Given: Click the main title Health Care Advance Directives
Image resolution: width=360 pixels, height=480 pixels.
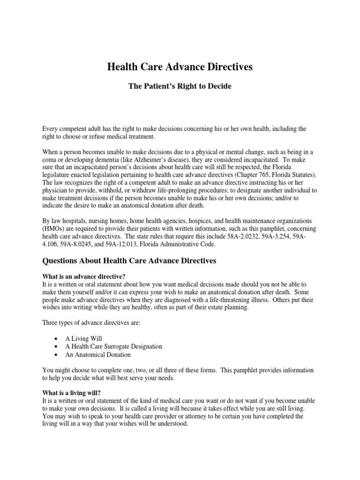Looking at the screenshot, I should point(180,67).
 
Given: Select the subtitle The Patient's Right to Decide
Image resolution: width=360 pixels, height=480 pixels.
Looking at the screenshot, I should point(180,87).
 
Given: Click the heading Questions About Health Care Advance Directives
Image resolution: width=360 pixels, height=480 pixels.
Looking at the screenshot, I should point(129,261).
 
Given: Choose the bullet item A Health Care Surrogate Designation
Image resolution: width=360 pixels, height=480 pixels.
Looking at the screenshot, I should point(113,346).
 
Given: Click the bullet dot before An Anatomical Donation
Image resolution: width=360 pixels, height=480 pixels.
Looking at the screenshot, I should point(56,355).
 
